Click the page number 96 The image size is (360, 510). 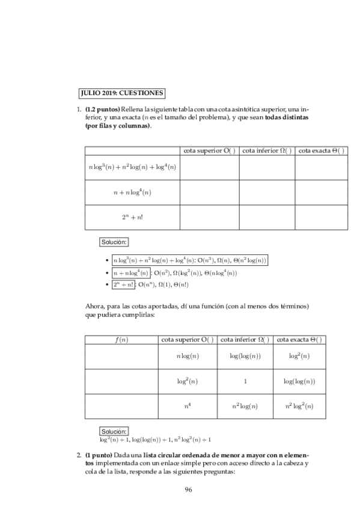tap(188, 490)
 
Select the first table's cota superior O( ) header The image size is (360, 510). tap(209, 150)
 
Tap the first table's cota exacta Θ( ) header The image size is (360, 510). tap(322, 150)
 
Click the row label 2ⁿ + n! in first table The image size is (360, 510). tap(132, 217)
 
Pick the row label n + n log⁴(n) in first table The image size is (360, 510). tap(132, 192)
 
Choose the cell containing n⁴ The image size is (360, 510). tap(188, 407)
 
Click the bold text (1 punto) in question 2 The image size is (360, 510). tap(99, 455)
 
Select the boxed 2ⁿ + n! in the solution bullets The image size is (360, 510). tap(125, 284)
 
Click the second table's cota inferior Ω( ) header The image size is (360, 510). tap(245, 340)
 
